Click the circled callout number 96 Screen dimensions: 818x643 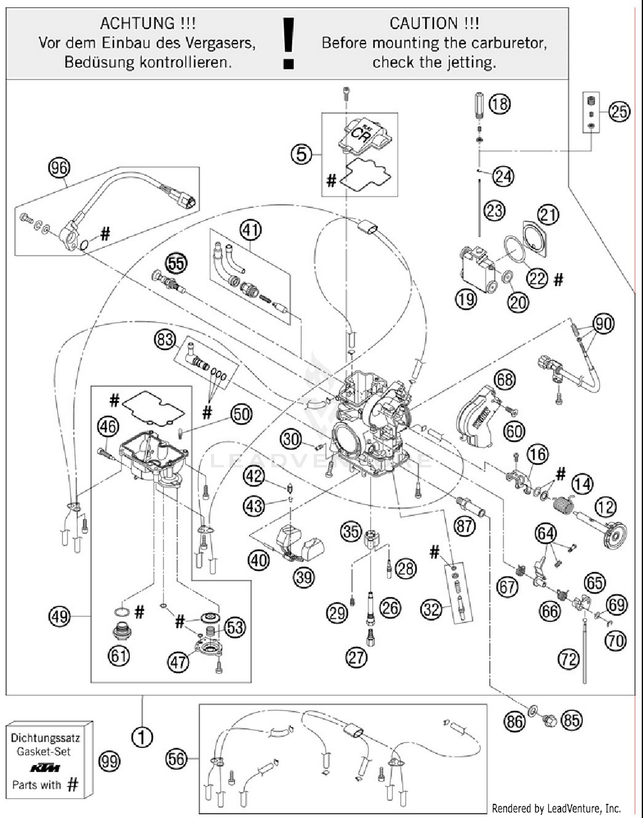click(x=59, y=168)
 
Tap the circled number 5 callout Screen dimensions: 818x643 click(x=301, y=154)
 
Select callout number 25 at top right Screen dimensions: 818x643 click(x=619, y=112)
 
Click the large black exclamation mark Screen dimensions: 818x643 click(x=288, y=43)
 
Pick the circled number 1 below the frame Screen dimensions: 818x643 click(x=142, y=737)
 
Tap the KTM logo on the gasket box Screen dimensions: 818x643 click(x=45, y=768)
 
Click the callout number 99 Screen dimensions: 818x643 click(x=109, y=761)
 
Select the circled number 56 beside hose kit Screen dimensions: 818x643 click(x=176, y=759)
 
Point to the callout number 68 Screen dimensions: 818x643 click(x=505, y=380)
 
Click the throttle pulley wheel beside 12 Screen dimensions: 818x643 click(x=615, y=536)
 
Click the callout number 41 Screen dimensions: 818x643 click(x=250, y=230)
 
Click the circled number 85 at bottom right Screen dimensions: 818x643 click(x=571, y=720)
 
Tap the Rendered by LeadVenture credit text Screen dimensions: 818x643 click(x=556, y=809)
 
